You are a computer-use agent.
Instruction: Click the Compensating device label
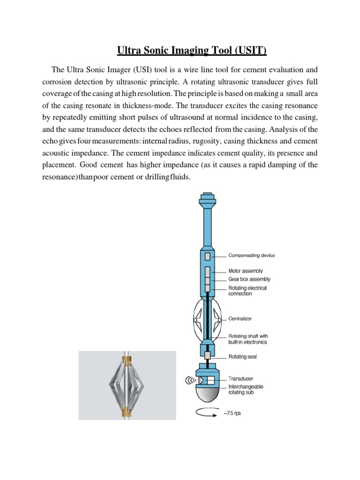point(252,255)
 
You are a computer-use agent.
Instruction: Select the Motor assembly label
point(245,270)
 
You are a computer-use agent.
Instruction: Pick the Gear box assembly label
point(249,279)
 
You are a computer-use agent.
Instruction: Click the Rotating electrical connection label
point(247,291)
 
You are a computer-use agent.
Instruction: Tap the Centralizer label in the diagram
point(240,318)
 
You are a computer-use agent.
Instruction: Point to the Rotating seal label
point(242,357)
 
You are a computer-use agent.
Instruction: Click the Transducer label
point(240,378)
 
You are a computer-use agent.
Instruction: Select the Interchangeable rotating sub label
point(246,390)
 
